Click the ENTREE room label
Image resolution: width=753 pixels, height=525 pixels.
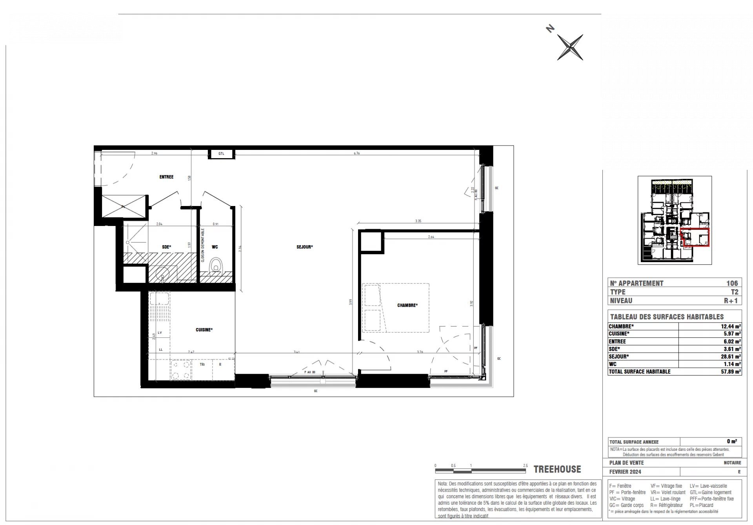tap(166, 177)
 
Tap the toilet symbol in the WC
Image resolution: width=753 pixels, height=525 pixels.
tap(215, 266)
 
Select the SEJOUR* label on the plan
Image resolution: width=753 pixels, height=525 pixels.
tap(305, 247)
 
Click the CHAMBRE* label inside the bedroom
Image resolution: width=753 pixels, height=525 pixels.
tap(407, 305)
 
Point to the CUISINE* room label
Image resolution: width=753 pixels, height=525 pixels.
tap(204, 330)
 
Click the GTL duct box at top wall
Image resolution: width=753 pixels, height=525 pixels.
tap(221, 153)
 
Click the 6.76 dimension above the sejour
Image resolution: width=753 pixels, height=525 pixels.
tap(356, 153)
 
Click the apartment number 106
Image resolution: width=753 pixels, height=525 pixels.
tap(732, 283)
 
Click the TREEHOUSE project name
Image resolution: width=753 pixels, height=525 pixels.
tap(557, 469)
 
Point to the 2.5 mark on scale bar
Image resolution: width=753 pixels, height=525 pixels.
tap(525, 466)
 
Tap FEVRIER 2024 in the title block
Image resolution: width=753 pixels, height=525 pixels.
tap(625, 472)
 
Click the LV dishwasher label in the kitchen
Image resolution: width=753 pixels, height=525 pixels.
tap(160, 333)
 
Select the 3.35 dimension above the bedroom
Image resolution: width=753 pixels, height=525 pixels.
tap(418, 221)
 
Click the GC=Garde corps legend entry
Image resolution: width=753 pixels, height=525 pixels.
tap(626, 505)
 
